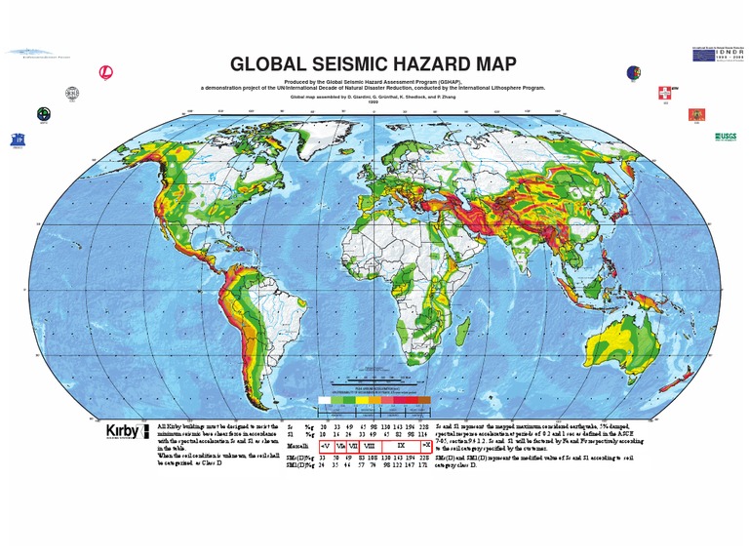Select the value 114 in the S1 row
(424, 434)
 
